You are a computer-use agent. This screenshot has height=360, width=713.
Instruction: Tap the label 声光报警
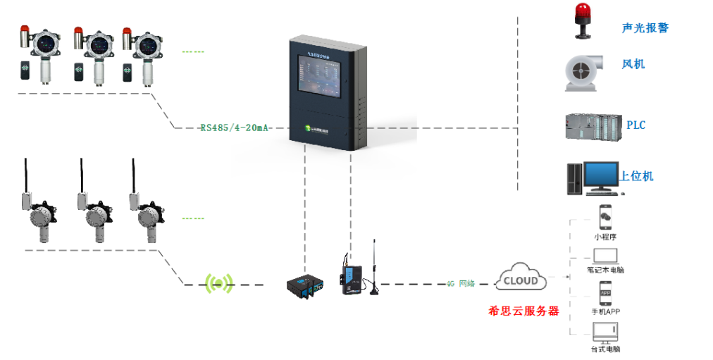645,28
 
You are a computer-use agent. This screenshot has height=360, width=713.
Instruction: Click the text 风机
633,64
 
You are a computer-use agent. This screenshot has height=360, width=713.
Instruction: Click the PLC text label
635,125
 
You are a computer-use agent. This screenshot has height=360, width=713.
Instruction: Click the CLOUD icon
521,280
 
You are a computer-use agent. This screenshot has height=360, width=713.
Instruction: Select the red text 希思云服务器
523,310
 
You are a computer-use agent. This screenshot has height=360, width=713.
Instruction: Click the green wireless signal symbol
218,284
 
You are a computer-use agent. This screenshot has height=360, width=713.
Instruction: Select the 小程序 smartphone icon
604,217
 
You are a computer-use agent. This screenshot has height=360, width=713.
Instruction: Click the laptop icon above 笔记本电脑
605,255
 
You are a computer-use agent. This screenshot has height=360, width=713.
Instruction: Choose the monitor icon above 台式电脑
605,331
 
